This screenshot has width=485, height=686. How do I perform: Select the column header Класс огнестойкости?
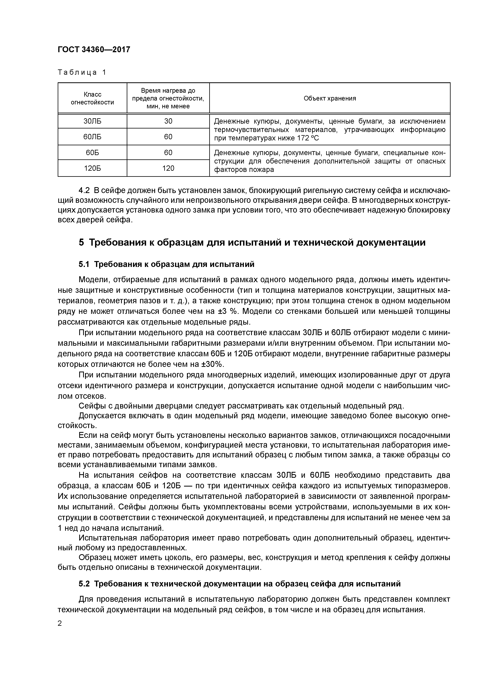pyautogui.click(x=92, y=98)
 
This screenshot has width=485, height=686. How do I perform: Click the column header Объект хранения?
pyautogui.click(x=330, y=98)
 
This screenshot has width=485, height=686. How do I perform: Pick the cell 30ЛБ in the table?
pyautogui.click(x=92, y=121)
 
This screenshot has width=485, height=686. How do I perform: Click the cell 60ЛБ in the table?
pyautogui.click(x=92, y=137)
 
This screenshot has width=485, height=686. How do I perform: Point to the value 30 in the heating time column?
pyautogui.click(x=168, y=121)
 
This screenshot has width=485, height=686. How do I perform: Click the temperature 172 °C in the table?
pyautogui.click(x=308, y=138)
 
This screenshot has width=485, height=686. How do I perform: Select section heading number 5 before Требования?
pyautogui.click(x=81, y=243)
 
